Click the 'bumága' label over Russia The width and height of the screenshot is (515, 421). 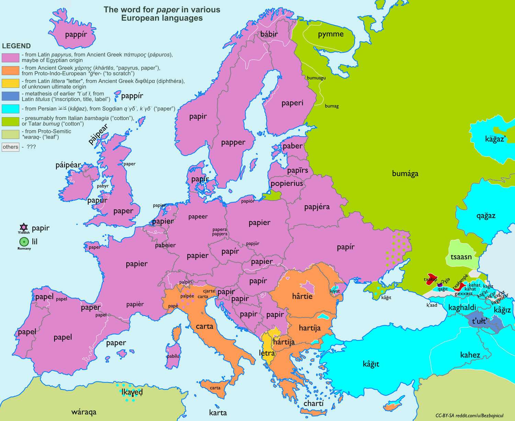tap(405, 174)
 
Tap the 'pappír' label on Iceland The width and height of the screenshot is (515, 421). tap(76, 34)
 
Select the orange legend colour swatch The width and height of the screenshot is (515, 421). tap(10, 70)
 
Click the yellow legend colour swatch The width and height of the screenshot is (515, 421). tap(10, 83)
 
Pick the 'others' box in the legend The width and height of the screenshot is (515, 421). tap(10, 147)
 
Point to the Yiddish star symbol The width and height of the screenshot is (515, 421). tap(23, 227)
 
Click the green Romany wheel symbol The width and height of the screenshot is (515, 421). tap(24, 241)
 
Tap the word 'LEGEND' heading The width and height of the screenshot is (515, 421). tap(16, 46)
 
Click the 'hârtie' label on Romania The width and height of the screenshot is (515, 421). tap(302, 296)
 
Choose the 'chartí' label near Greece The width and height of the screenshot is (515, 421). tap(313, 403)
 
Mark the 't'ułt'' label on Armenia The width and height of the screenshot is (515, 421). tap(480, 321)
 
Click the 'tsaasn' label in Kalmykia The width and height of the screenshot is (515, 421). tap(461, 257)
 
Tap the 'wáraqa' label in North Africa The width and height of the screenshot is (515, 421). tap(84, 412)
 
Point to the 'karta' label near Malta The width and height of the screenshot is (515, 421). tap(218, 412)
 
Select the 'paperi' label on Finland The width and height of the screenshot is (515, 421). tap(292, 103)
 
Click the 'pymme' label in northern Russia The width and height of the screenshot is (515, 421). tap(331, 34)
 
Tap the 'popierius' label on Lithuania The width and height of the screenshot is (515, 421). tap(287, 183)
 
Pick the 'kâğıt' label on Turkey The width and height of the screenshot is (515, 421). tap(371, 364)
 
